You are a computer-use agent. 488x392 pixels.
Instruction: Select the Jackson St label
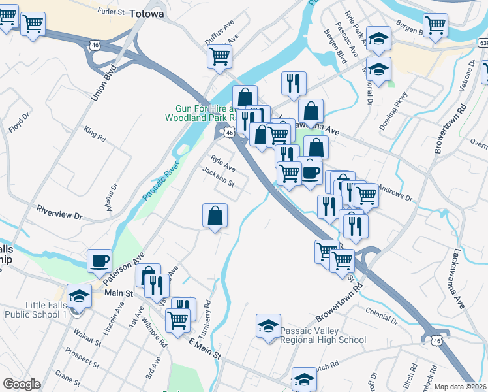[x=218, y=176]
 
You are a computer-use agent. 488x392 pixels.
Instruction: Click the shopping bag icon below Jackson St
[x=215, y=215]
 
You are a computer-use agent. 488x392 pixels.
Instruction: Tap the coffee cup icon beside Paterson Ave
[x=99, y=261]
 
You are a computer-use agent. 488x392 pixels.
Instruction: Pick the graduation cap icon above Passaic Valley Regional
[x=268, y=326]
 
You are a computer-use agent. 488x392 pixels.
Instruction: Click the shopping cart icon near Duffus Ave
[x=220, y=56]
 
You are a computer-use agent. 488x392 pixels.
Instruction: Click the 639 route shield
[x=481, y=42]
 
